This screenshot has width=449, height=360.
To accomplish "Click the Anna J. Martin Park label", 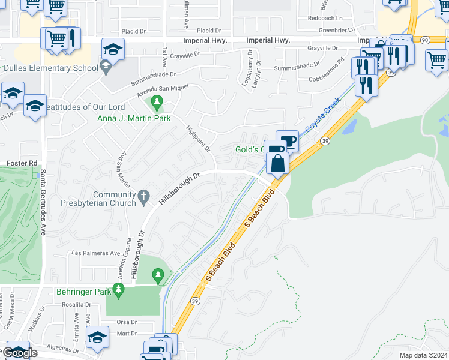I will pos(134,118).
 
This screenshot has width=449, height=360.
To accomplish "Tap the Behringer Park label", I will pos(85,292).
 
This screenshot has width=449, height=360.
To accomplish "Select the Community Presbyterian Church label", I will pos(115,199).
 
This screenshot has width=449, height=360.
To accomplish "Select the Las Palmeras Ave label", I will pos(95,253).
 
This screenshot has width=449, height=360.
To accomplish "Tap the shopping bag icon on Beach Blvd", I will pos(278,163).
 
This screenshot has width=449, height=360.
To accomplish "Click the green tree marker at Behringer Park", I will pos(158,276).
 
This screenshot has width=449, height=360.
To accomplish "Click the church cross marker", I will pos(143,196).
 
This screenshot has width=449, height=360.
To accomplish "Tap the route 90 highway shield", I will pos(424,40).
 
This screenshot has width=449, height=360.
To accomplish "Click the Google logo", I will pos(20,353).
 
